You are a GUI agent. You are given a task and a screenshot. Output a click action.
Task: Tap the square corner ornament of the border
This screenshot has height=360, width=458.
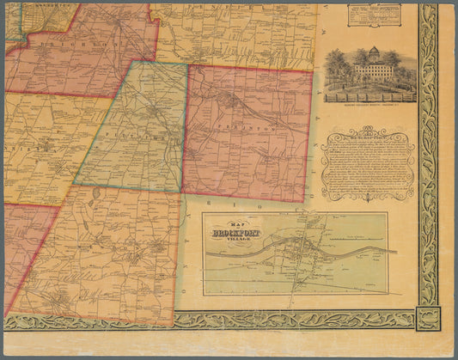tap(427, 320)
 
